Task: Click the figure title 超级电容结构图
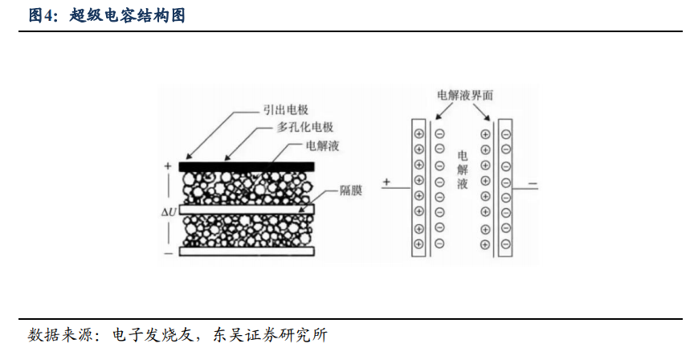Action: [x=128, y=15]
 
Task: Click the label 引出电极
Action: [x=286, y=109]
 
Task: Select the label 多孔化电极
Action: [x=305, y=127]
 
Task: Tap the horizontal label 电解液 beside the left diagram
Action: [x=322, y=145]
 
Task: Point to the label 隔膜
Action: [x=351, y=190]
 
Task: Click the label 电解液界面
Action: [x=465, y=95]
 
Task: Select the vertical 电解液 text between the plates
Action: [x=463, y=170]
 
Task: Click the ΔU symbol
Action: [x=169, y=211]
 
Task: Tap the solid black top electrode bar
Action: [x=247, y=166]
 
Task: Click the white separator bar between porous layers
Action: [x=247, y=209]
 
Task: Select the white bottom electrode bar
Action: [x=247, y=252]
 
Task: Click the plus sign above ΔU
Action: [x=168, y=166]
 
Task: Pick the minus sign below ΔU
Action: [x=168, y=254]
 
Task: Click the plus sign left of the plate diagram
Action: [x=386, y=182]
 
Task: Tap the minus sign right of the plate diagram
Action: [x=533, y=184]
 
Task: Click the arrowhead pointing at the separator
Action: [x=301, y=210]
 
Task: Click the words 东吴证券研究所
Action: [x=270, y=334]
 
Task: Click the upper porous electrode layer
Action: [x=247, y=187]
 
